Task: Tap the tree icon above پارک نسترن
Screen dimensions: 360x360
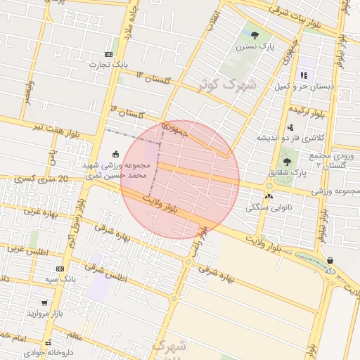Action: pos(255,34)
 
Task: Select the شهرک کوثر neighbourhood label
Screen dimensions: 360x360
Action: pos(228,85)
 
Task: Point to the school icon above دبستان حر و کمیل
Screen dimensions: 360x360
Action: pos(304,75)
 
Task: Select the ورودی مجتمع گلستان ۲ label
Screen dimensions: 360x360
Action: pos(330,160)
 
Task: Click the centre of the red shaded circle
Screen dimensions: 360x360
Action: pos(180,179)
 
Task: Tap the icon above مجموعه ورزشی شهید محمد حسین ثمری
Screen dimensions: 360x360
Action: pos(115,155)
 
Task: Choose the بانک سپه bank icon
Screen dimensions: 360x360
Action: pos(60,269)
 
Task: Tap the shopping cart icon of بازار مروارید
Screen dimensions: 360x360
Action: pos(44,302)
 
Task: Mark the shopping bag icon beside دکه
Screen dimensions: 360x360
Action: pos(330,261)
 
